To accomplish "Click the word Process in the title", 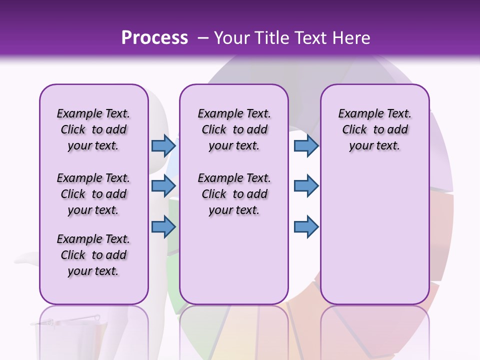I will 154,38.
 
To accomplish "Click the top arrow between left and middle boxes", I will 163,145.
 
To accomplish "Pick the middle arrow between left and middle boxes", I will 163,186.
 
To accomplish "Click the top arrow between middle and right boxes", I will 306,145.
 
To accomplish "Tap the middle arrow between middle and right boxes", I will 306,186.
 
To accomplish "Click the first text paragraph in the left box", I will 93,129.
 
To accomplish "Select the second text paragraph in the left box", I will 93,194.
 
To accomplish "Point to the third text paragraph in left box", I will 93,255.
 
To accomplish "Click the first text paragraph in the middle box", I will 234,129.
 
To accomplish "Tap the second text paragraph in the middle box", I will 234,194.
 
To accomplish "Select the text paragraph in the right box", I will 374,129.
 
